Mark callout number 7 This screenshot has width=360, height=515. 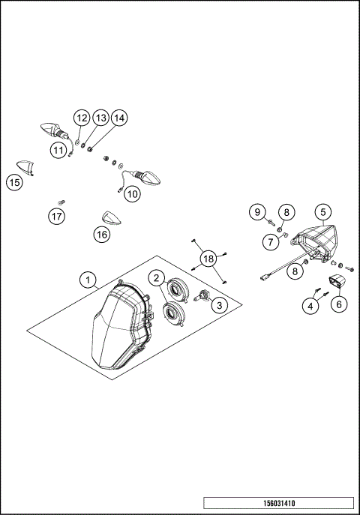[269, 241]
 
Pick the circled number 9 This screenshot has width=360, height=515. [257, 211]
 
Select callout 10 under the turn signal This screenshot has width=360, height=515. [132, 193]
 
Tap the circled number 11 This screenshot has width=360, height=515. [58, 150]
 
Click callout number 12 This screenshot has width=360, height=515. [81, 118]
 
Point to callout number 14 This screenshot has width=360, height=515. [119, 118]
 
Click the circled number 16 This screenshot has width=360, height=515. [102, 234]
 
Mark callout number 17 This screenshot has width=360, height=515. [57, 217]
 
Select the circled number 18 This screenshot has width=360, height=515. [208, 259]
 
